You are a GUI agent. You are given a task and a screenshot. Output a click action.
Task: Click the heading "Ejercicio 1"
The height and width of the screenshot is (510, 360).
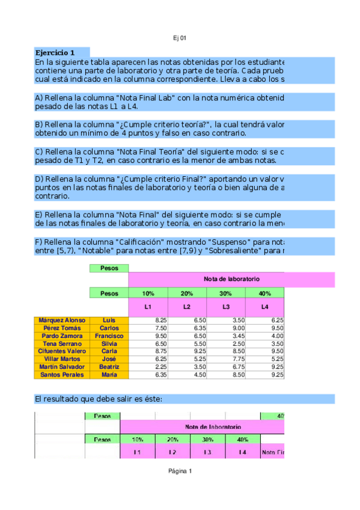coord(55,52)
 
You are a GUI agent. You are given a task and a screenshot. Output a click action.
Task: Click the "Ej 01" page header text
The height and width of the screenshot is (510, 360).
coord(180,38)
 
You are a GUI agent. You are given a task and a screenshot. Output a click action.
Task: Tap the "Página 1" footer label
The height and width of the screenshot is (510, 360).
coord(180,471)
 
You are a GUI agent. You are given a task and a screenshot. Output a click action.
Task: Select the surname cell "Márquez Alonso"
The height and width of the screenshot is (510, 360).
coord(62,321)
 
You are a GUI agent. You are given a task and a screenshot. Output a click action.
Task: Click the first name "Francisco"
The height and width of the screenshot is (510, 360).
coord(109,336)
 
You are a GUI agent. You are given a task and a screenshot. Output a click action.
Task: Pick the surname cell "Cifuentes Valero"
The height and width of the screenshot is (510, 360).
coord(62,351)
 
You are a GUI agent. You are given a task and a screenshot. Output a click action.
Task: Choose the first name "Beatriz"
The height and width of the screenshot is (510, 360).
coord(109,367)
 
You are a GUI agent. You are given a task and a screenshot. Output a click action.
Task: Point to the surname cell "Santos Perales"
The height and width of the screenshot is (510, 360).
coord(62,375)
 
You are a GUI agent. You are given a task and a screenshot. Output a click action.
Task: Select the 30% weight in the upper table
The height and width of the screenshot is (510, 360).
coord(225,293)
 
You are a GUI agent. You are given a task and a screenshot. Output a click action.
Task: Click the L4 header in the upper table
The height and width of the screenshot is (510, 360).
coord(264,307)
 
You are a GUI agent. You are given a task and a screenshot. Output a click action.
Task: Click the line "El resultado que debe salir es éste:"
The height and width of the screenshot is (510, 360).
coord(99,399)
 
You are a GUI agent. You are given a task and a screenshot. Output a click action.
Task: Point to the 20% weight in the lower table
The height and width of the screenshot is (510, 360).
coord(172,439)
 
